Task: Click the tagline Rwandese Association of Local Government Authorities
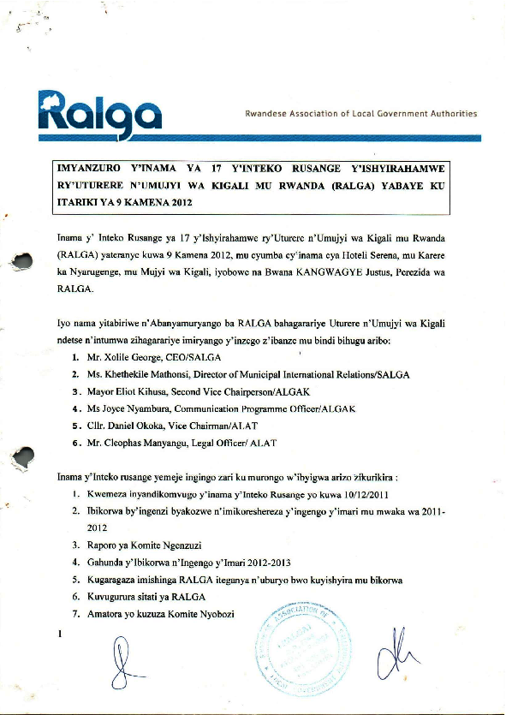[360, 113]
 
